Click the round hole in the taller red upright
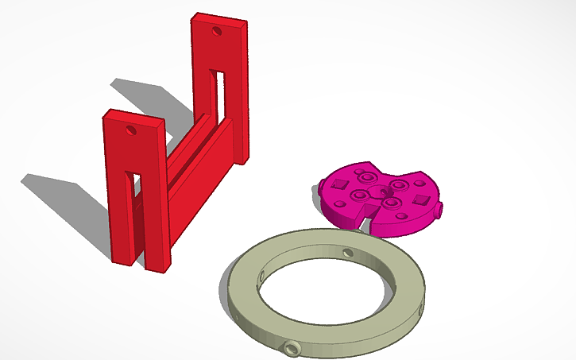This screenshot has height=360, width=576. click(217, 32)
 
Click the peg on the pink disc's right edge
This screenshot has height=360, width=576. click(439, 211)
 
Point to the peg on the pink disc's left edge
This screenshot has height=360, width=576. click(324, 188)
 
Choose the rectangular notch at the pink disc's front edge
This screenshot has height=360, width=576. click(368, 213)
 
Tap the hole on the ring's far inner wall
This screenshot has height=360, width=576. click(347, 253)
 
